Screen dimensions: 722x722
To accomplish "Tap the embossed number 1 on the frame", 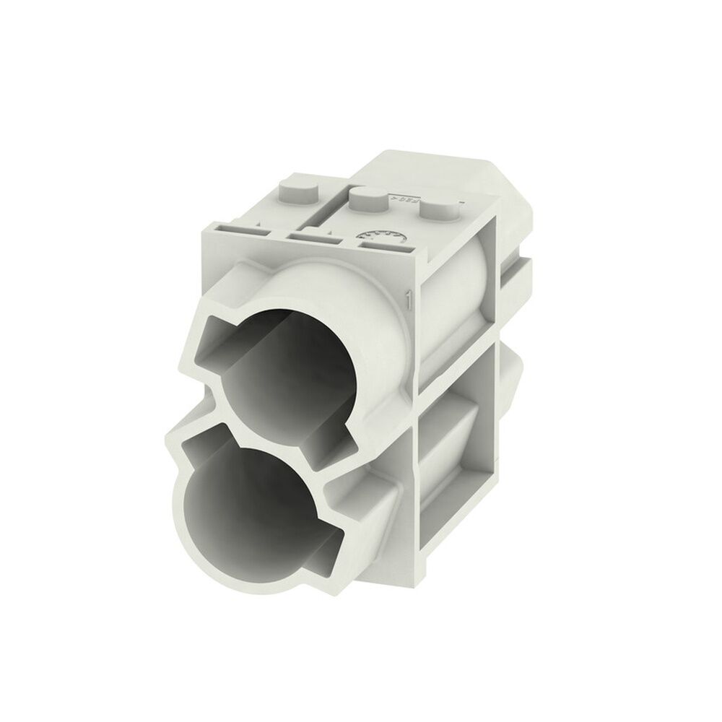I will pyautogui.click(x=409, y=297).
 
